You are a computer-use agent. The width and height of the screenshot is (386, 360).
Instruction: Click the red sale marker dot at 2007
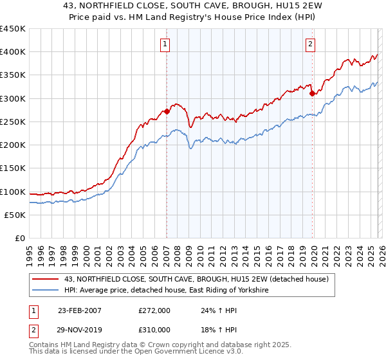click(x=167, y=111)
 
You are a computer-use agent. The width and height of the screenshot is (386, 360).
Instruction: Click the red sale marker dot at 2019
click(x=312, y=93)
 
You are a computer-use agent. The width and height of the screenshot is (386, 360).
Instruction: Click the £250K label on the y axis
click(x=13, y=122)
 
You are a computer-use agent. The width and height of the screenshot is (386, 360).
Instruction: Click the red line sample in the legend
click(x=47, y=279)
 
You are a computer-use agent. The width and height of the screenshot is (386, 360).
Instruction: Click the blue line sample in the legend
click(x=47, y=291)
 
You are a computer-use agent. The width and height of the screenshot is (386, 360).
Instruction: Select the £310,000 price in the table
click(x=154, y=329)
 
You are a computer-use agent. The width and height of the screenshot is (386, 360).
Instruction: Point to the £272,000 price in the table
click(x=154, y=310)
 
